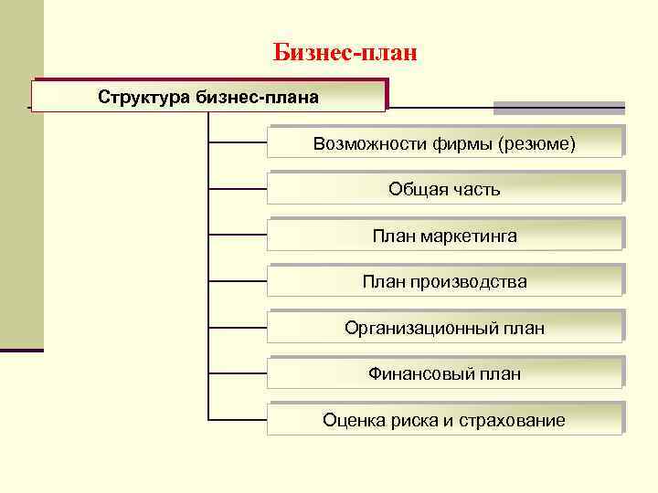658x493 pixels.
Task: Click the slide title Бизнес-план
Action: [345, 53]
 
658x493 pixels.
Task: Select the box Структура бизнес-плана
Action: [208, 96]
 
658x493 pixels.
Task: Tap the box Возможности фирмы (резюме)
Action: [445, 143]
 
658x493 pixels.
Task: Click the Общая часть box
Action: [445, 189]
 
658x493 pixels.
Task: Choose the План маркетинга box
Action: [445, 236]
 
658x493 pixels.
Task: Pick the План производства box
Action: [445, 281]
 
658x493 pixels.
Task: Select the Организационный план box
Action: [445, 328]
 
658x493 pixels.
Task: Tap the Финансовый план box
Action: [445, 373]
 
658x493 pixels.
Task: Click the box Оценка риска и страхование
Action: [445, 420]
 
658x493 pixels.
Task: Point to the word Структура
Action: [144, 96]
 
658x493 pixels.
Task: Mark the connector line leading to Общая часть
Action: [238, 189]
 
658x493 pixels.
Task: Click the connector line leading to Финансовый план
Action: [238, 373]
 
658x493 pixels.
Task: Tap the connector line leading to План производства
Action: [238, 281]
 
